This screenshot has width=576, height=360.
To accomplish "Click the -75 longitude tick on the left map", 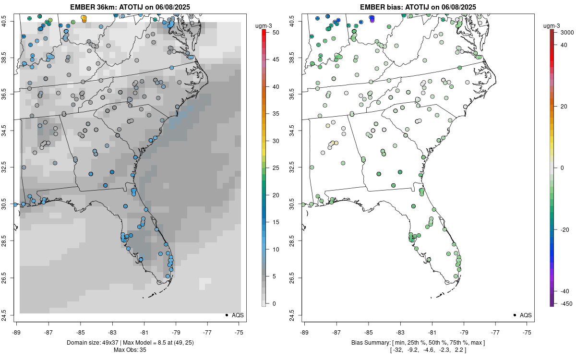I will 239,332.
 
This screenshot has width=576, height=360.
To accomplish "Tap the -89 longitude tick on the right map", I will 305,332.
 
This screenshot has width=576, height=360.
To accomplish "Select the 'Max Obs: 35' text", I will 130,350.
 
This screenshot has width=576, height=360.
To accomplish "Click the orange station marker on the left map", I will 84,18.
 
